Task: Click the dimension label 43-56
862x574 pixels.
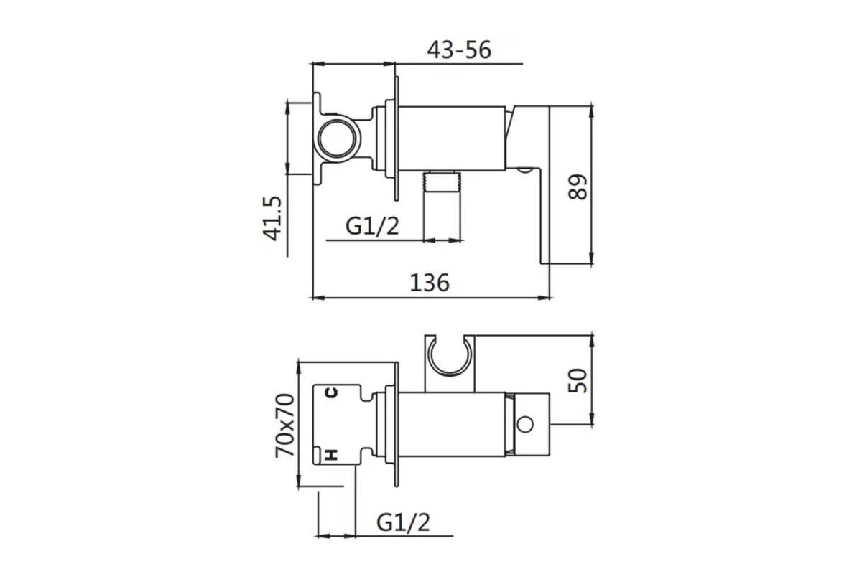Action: point(459,50)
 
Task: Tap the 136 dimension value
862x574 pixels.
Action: point(430,283)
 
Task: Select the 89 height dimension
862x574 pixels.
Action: point(578,187)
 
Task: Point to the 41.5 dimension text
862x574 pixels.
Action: point(272,218)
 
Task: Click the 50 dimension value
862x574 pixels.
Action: point(578,380)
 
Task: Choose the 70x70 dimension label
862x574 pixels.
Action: point(284,425)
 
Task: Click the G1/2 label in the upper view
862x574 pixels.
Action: point(372,226)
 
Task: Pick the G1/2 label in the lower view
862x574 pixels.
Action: point(403,522)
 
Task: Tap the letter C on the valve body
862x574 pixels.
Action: point(332,392)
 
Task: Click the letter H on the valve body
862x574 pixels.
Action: point(332,454)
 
